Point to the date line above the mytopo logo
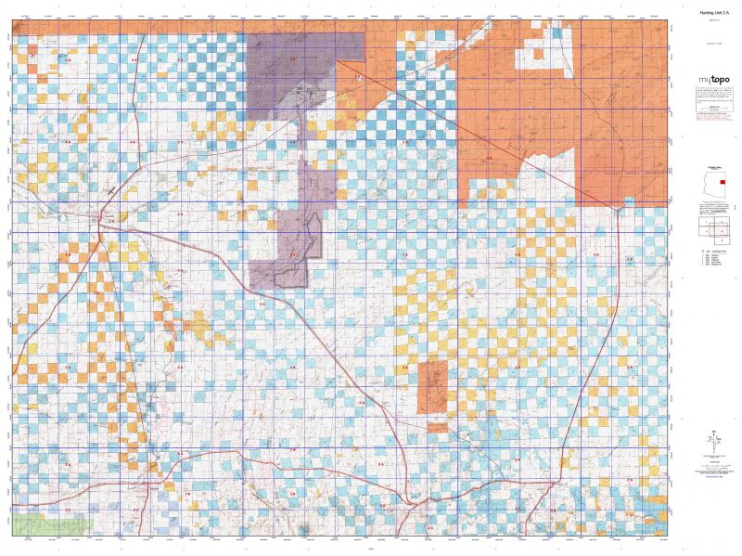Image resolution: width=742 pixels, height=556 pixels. (708, 42)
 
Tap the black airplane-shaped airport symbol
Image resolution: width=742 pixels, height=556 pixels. (110, 189)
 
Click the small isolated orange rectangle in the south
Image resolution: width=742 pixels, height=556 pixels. (432, 388)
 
